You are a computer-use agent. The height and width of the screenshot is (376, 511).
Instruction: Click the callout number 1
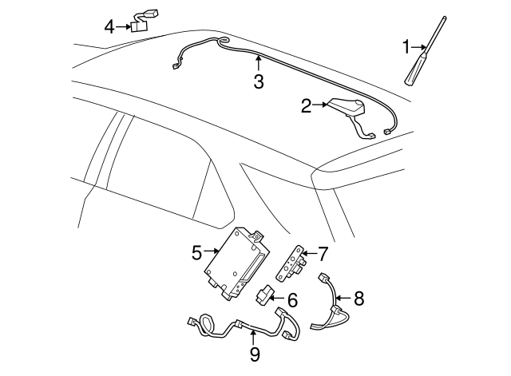tap(406, 47)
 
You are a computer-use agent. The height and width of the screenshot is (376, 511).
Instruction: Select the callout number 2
tap(307, 105)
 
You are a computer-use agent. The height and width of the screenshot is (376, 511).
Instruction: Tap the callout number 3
tap(259, 81)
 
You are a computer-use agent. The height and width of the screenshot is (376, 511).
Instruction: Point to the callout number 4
tap(109, 26)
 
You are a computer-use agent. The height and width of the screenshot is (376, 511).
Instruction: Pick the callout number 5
tap(197, 252)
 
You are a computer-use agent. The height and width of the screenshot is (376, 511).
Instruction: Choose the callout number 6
tap(293, 300)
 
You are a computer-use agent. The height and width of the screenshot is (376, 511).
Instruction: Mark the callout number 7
tap(323, 254)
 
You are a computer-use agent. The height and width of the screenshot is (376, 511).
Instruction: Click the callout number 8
tap(358, 298)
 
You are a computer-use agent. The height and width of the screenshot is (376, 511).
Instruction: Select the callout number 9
tap(255, 354)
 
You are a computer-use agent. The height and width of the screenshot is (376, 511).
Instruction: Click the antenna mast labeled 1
tap(425, 51)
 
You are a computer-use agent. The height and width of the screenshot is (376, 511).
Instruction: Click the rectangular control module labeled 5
tap(236, 263)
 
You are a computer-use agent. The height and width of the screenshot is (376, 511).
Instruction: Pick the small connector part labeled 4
tap(145, 22)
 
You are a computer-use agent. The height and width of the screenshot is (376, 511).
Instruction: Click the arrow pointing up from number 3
tap(259, 63)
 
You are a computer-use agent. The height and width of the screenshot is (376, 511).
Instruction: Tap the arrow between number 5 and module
tap(211, 251)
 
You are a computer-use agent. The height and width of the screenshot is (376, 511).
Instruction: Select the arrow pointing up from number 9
tap(253, 338)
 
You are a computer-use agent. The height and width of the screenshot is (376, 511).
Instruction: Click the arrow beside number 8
tap(343, 298)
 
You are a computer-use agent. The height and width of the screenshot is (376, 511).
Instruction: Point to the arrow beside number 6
tap(276, 298)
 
